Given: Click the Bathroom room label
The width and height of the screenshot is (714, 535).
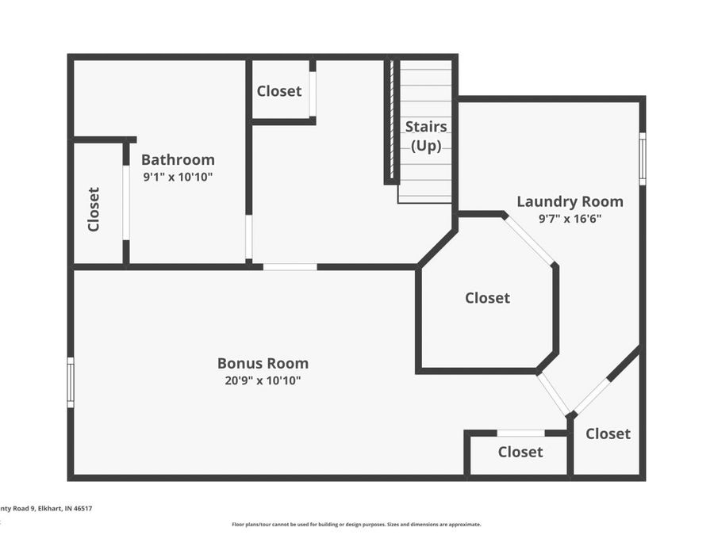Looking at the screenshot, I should tap(178, 159).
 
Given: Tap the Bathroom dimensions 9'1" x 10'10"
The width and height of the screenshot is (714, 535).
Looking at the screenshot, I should tap(178, 178).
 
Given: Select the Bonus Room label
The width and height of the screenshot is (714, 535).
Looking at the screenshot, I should tap(263, 363).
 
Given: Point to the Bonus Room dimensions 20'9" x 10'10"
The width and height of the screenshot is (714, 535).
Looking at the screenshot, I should tap(263, 380).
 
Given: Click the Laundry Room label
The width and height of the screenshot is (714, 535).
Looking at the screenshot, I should tap(570, 201).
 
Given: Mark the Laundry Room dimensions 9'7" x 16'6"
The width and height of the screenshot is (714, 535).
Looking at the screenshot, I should tap(570, 219).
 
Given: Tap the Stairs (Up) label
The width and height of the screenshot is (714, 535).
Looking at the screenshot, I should tap(426, 136).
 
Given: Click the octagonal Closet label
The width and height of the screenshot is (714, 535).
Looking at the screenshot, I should tap(487, 298).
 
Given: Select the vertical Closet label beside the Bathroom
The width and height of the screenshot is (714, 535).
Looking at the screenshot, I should tap(94, 208).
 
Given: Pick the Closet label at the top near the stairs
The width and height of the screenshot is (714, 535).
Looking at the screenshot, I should tap(278, 91).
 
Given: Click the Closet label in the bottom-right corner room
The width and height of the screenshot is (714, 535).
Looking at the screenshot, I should tap(608, 434).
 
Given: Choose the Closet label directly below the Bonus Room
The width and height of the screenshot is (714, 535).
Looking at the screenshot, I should tap(520, 452).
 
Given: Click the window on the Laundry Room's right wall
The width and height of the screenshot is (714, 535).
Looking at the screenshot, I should tap(642, 159).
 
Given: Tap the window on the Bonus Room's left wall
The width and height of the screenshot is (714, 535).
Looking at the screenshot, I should tap(71, 383).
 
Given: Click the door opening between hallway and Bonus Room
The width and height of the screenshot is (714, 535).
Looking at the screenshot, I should tap(290, 267).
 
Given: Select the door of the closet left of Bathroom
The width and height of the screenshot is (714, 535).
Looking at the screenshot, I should tap(125, 202).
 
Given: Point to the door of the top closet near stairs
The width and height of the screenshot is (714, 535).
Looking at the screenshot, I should tap(313, 94).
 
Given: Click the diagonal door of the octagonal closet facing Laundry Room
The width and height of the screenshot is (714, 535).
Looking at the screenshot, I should tap(529, 240).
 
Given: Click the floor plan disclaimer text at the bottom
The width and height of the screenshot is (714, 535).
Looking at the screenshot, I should tap(356, 524).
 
